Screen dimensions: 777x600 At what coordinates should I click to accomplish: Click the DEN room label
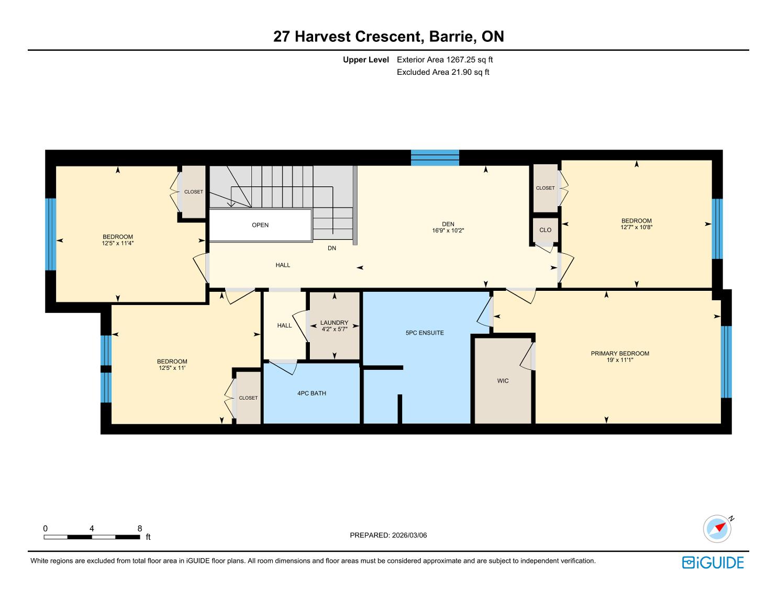coord(448,224)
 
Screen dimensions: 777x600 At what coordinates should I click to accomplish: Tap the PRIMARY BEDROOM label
coord(620,354)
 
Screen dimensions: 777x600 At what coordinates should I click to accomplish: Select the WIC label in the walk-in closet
coord(503,381)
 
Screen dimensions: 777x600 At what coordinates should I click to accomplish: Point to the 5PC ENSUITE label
coord(425,333)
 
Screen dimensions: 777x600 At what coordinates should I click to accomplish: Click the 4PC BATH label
coord(312,393)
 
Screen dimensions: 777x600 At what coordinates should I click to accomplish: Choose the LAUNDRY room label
coord(334,323)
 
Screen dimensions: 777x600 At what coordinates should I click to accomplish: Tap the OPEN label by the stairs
coord(260,225)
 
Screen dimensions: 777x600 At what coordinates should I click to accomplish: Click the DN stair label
coord(332,248)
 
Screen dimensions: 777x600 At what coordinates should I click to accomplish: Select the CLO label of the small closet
coord(545,230)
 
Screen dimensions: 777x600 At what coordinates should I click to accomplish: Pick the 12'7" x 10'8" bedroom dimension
coord(636,227)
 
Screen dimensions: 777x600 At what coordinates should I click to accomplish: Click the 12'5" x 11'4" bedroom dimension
coord(118,243)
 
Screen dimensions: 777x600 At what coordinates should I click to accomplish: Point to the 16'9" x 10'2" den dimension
coord(448,231)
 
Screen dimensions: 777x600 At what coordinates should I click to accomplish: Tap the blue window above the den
coord(435,158)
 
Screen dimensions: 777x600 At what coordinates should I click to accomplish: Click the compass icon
coord(717,529)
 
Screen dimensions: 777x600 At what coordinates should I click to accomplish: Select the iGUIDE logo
coord(713,563)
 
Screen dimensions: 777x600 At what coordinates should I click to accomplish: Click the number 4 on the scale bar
coord(92,529)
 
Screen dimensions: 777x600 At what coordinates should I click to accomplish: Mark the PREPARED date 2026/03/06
coord(409,535)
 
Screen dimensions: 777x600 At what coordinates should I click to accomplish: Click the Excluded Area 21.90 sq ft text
coord(442,72)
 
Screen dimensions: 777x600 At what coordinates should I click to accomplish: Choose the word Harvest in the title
coord(323,37)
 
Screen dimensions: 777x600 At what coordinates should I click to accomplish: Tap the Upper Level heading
coord(365,60)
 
